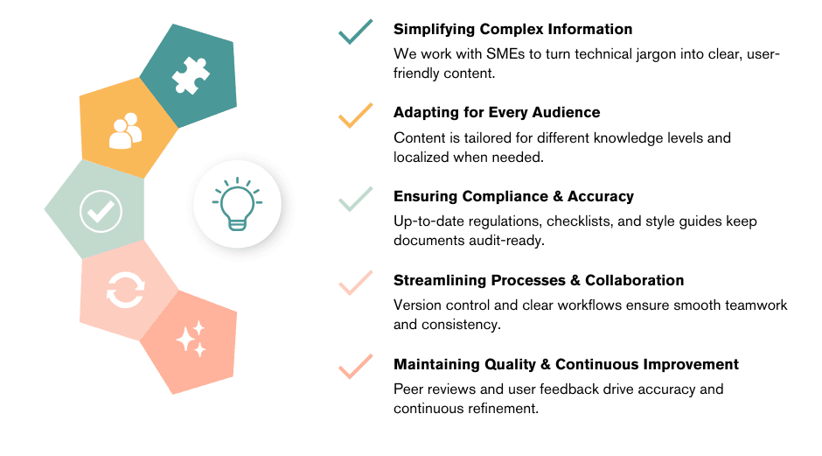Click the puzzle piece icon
(x=191, y=75)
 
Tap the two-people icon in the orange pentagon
(x=125, y=130)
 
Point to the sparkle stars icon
(x=191, y=340)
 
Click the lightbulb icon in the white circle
(x=236, y=204)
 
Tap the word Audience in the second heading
(x=565, y=112)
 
